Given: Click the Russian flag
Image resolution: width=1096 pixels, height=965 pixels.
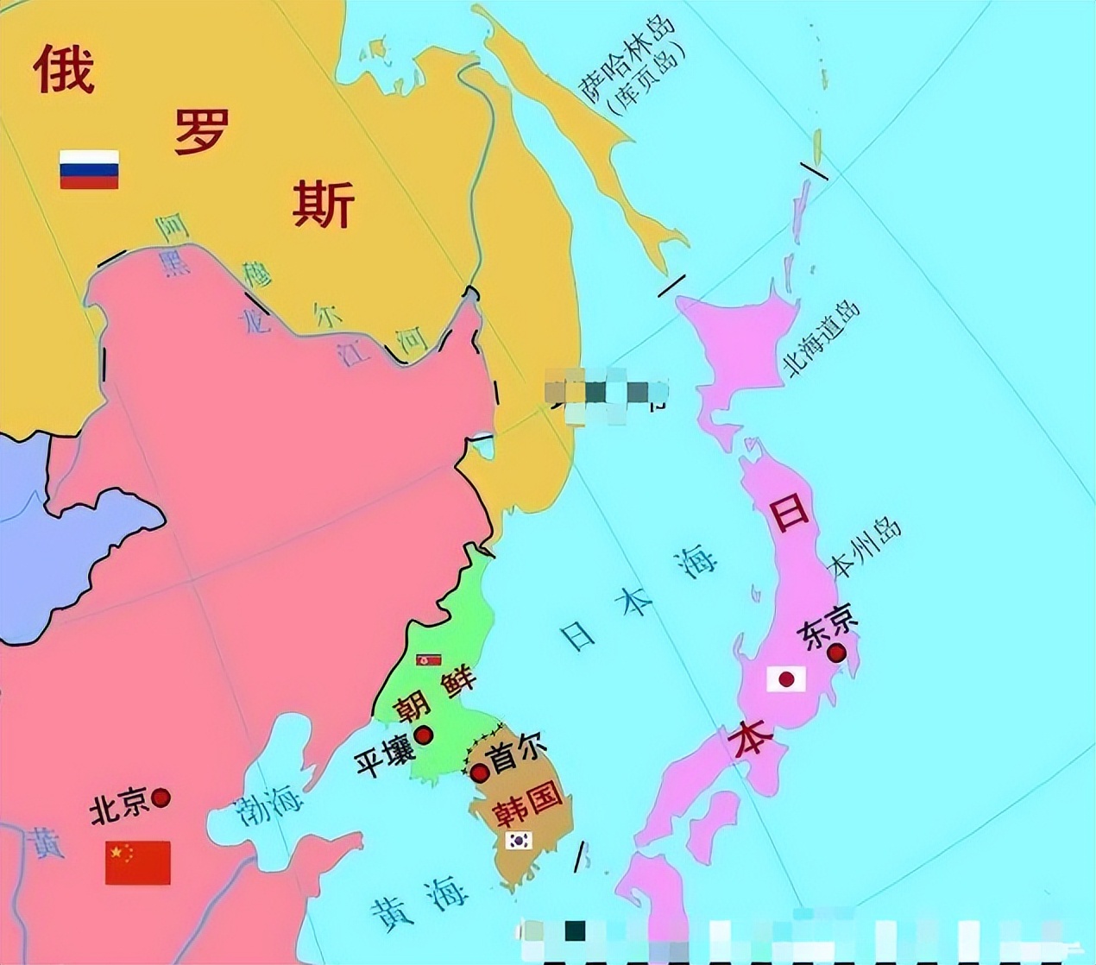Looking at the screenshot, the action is click(x=89, y=169).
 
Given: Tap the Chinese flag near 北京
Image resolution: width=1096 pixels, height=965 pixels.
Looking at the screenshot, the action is click(x=138, y=862).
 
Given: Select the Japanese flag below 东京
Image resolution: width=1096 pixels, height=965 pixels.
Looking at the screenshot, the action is click(x=786, y=679).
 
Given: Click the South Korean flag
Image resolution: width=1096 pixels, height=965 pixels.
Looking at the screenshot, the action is click(x=519, y=840).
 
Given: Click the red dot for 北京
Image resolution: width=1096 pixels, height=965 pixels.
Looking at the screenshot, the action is click(x=161, y=798).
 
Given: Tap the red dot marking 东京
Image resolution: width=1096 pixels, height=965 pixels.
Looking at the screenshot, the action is click(x=836, y=653).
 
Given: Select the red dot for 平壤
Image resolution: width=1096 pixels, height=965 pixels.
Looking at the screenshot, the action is click(x=424, y=735).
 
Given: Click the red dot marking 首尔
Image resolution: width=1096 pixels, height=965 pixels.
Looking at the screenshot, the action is click(x=480, y=773).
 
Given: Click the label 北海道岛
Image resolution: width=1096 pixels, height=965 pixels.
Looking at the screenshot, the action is click(x=822, y=338).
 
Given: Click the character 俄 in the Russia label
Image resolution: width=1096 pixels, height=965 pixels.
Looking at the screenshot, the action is click(x=64, y=69).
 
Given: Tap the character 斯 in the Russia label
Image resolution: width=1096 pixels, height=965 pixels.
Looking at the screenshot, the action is click(x=324, y=204).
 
